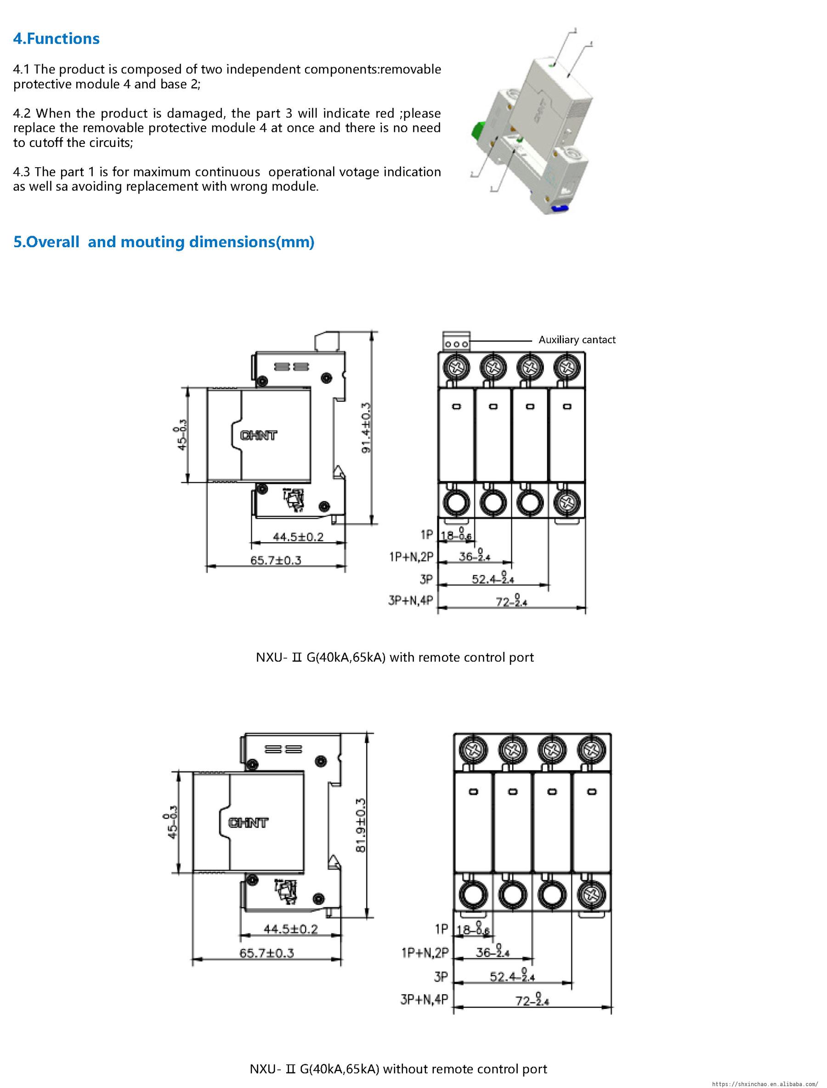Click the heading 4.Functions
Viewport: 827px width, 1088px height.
pyautogui.click(x=56, y=39)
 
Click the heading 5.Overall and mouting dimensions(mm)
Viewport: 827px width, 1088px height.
pyautogui.click(x=164, y=242)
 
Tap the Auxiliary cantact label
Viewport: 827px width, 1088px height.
pyautogui.click(x=577, y=340)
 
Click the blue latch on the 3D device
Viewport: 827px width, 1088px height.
pyautogui.click(x=561, y=208)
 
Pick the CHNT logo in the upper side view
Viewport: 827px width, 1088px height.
pyautogui.click(x=258, y=435)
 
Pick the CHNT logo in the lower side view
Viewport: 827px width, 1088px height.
pyautogui.click(x=248, y=822)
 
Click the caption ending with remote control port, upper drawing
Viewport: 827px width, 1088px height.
pyautogui.click(x=394, y=657)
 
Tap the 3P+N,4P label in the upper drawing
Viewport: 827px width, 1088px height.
pyautogui.click(x=411, y=600)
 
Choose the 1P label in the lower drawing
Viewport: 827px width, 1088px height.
pyautogui.click(x=442, y=929)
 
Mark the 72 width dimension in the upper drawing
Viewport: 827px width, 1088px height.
pyautogui.click(x=511, y=601)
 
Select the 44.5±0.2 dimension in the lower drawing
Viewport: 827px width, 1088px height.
pyautogui.click(x=290, y=929)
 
